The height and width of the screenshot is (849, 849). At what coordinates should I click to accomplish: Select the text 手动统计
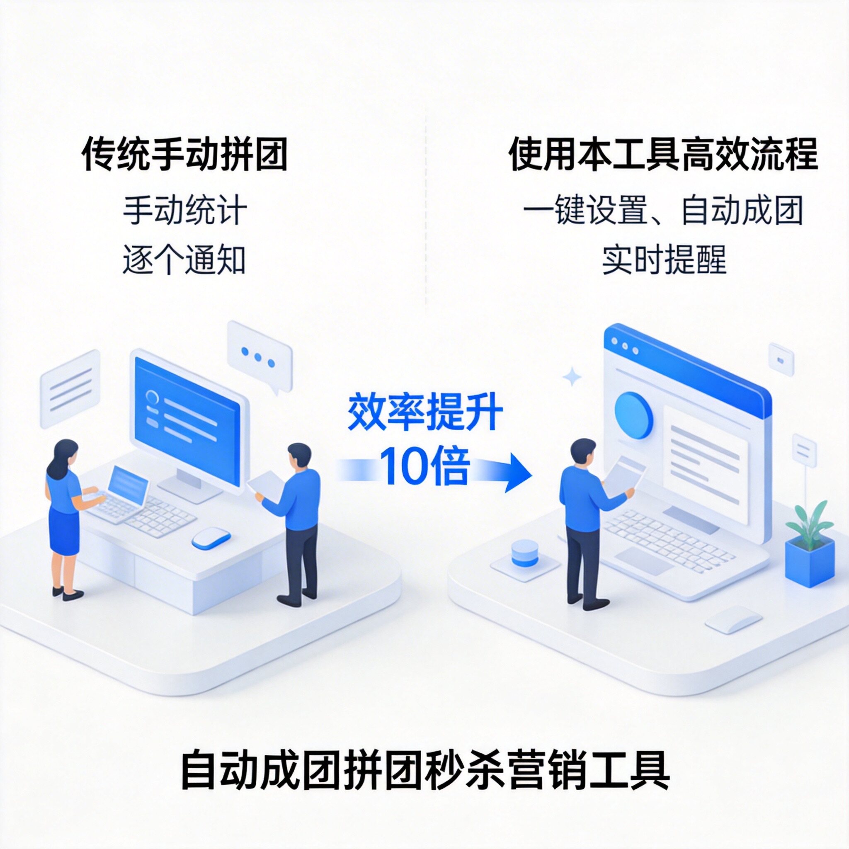[184, 210]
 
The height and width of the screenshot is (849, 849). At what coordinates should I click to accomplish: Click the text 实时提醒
[664, 260]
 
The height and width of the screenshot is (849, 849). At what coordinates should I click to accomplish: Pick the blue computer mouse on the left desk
[211, 537]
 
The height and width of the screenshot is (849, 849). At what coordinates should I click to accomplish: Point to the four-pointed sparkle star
[572, 376]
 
